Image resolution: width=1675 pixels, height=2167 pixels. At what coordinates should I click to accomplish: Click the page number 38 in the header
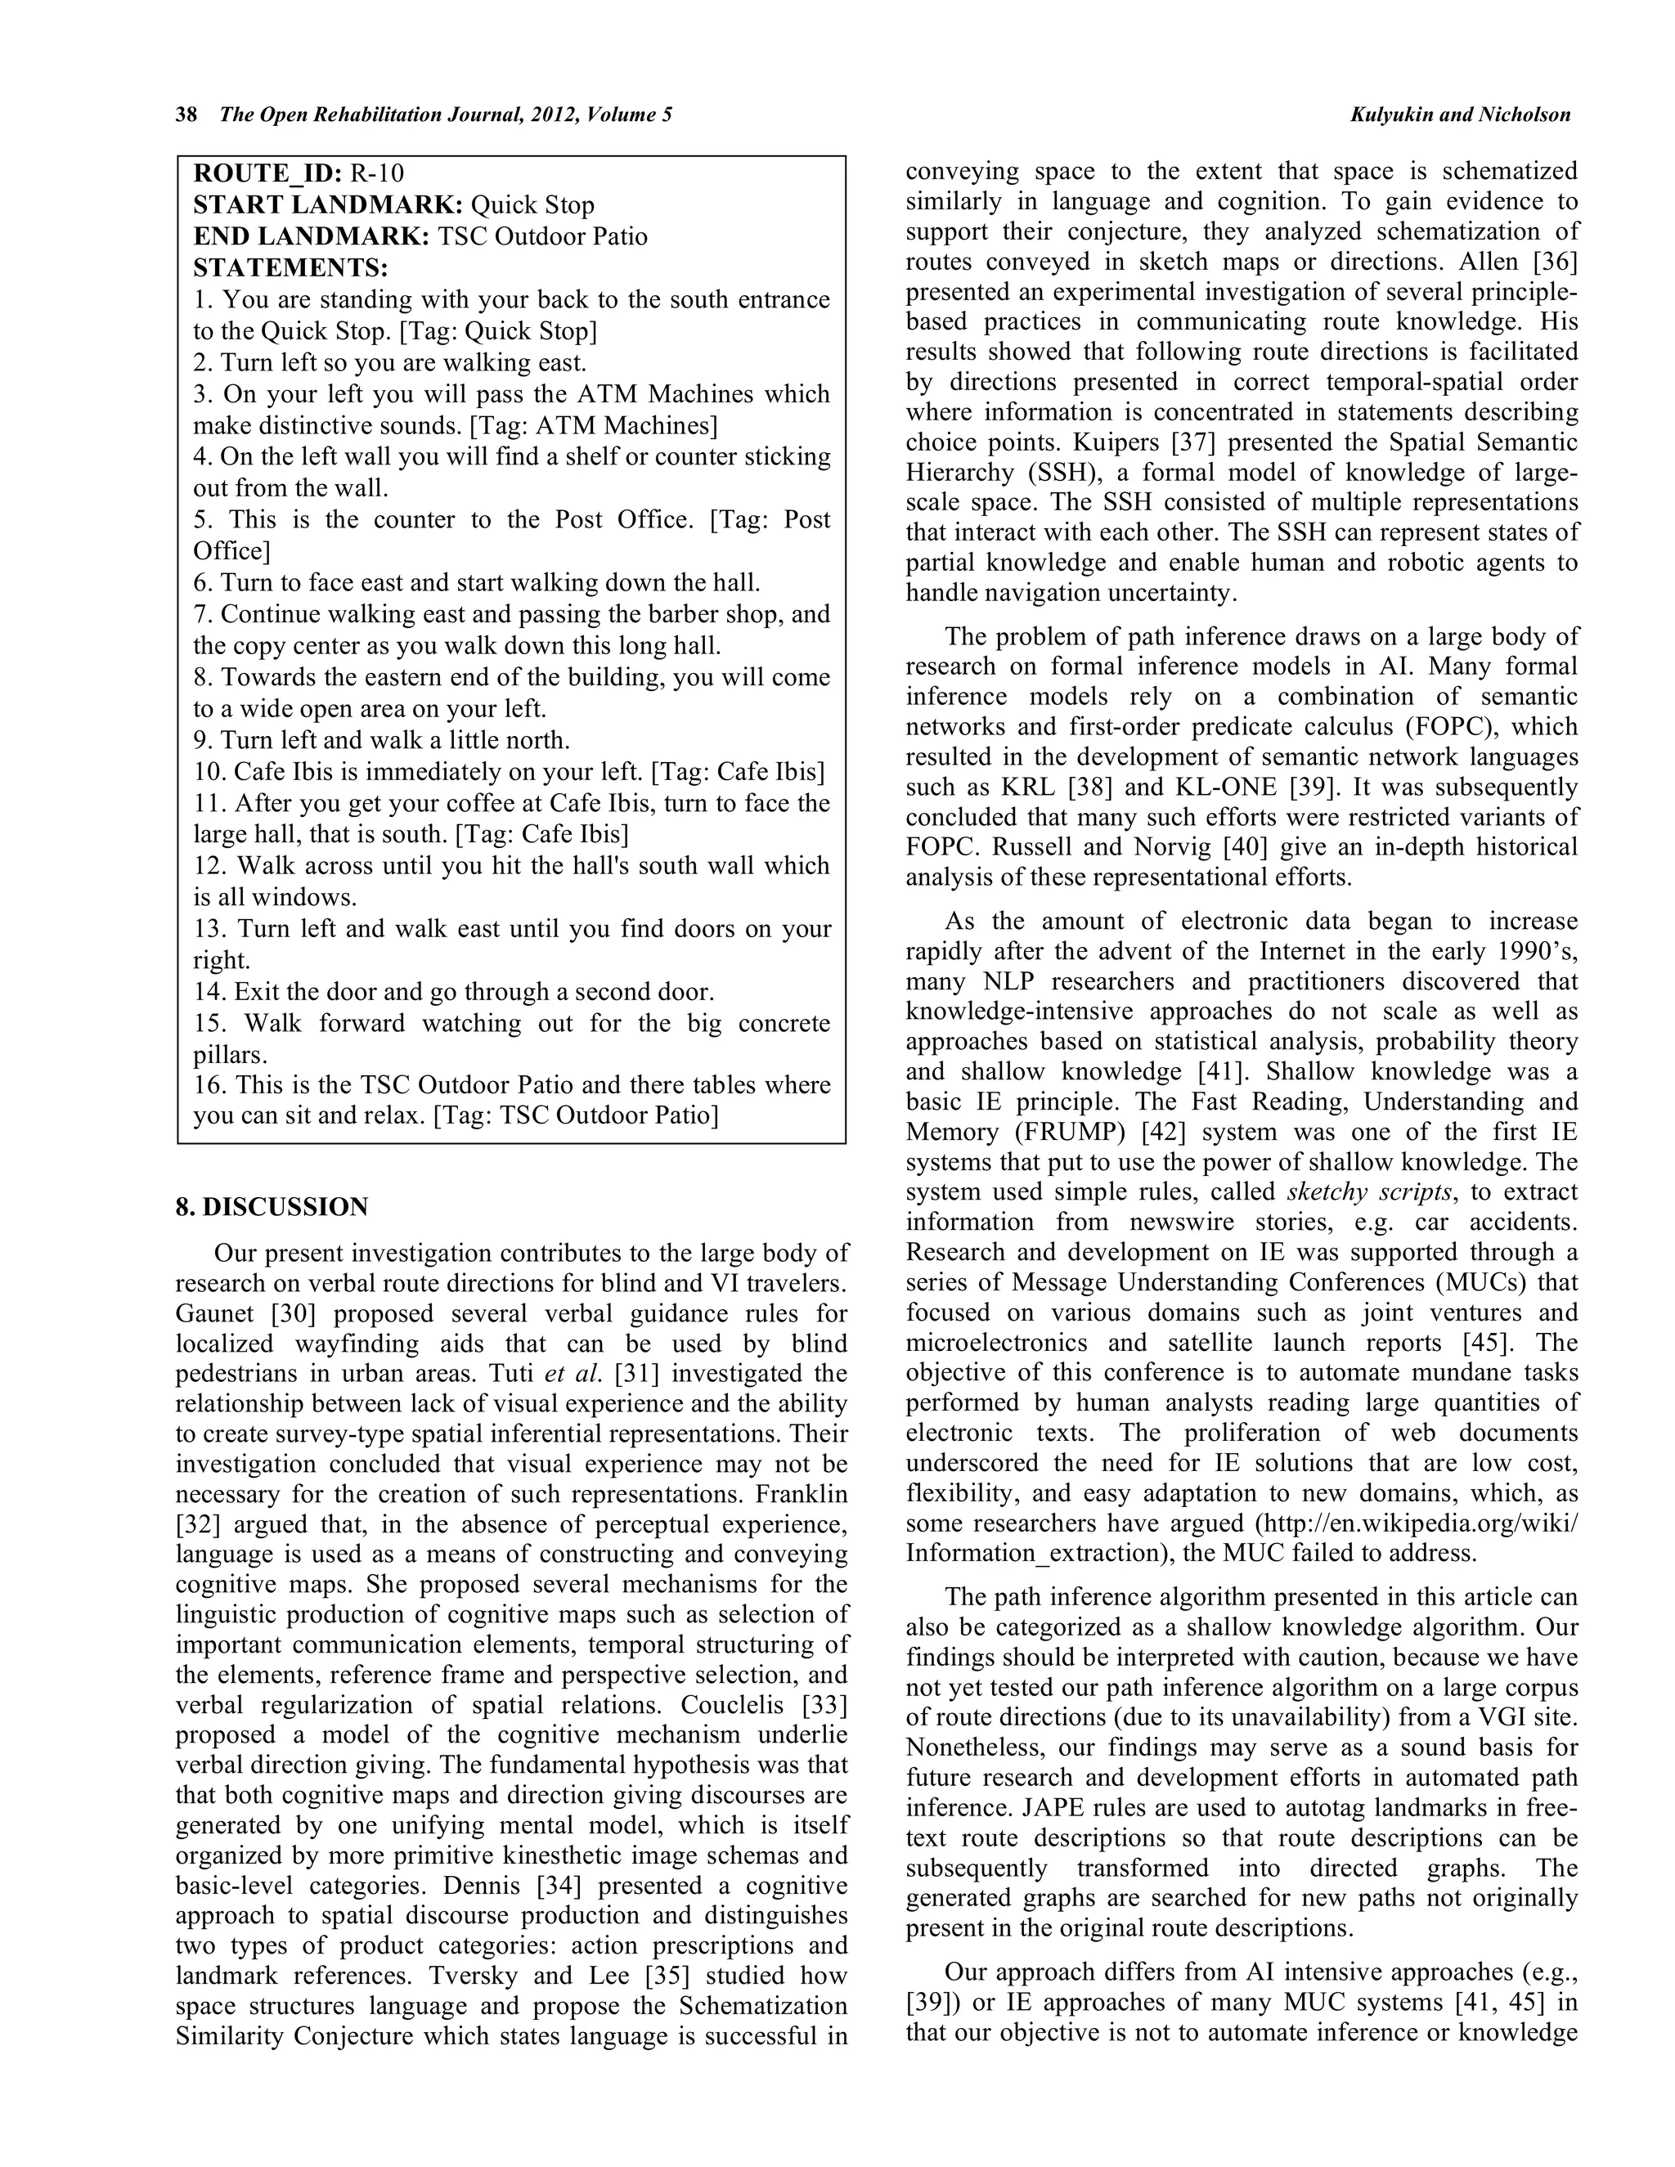tap(186, 115)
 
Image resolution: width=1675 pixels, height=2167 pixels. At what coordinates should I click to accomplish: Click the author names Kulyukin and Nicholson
tap(1460, 115)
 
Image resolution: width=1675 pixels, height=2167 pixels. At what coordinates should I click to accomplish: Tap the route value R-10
tap(377, 173)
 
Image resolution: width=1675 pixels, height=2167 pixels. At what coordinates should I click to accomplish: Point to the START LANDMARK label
tap(327, 205)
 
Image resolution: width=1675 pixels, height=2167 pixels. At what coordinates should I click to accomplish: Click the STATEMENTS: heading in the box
tap(290, 268)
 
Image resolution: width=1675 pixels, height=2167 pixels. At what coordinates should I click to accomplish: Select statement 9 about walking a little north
tap(382, 740)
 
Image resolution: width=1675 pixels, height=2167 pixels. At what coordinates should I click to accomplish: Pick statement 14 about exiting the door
tap(453, 991)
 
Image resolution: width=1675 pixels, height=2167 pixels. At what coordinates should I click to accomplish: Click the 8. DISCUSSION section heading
tap(272, 1208)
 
